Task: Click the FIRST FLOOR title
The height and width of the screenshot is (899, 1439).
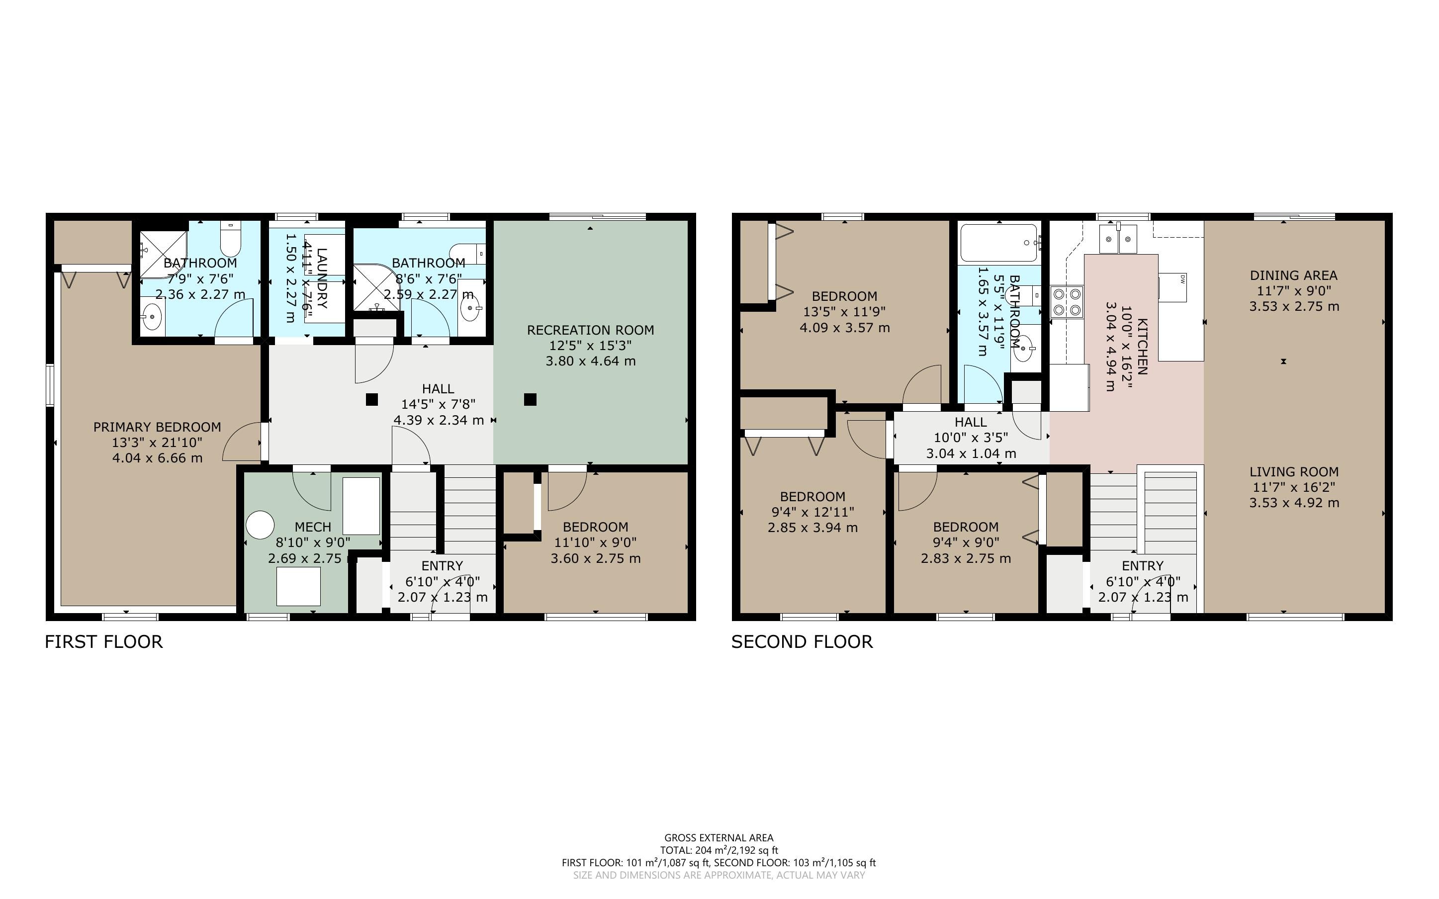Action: (103, 641)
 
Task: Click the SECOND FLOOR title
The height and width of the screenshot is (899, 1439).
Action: (802, 641)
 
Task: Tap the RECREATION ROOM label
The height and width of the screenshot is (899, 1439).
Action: (590, 330)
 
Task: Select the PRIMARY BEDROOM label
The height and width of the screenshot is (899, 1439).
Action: (157, 427)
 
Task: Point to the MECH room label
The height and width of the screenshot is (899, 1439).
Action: (313, 527)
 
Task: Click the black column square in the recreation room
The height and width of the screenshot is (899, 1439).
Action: (530, 400)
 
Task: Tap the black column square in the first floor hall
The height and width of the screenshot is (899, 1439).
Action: (371, 400)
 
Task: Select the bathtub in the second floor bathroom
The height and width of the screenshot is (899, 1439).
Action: (998, 242)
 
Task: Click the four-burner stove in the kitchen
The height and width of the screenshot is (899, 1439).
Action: (1067, 301)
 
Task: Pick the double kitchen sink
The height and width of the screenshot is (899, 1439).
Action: (1118, 239)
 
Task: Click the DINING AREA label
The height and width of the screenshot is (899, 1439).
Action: (1293, 275)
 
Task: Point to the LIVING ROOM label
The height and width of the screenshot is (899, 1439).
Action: (1294, 471)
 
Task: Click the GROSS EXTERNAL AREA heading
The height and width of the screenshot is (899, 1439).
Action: (719, 838)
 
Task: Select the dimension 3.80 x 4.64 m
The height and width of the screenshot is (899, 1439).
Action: (590, 361)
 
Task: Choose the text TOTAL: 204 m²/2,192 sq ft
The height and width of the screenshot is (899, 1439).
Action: (719, 850)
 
